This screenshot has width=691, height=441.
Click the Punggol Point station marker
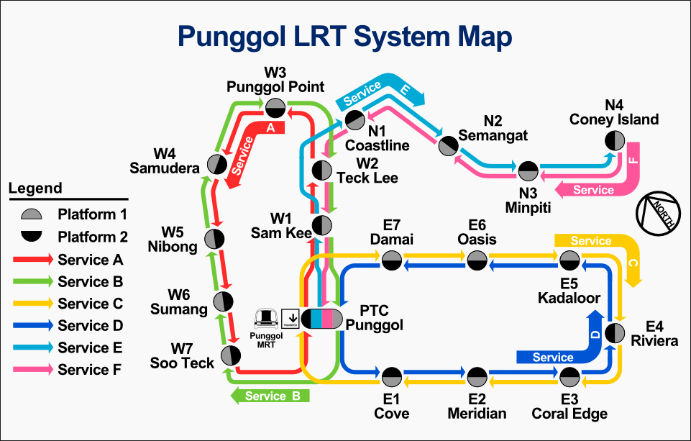274,108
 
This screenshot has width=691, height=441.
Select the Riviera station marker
615,333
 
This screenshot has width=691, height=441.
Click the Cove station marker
392,376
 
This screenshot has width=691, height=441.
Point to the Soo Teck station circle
230,355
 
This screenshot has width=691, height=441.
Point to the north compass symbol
656,212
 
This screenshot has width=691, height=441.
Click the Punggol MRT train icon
268,317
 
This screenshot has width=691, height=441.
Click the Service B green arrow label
270,396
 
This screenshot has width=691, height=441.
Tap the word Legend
35,189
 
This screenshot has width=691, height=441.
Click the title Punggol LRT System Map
345,35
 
